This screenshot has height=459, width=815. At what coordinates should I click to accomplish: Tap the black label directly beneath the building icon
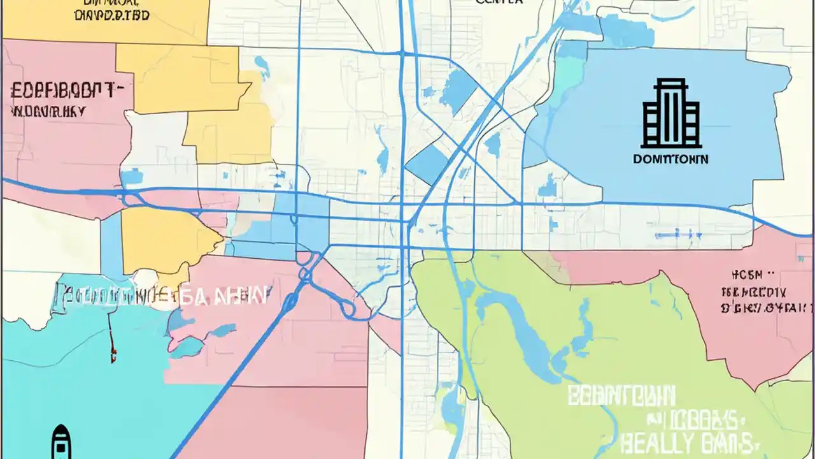(670, 159)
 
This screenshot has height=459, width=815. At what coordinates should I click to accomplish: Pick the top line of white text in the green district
(621, 397)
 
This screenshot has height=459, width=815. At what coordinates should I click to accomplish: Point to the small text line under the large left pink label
(48, 112)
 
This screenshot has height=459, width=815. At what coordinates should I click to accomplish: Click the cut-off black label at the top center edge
(499, 2)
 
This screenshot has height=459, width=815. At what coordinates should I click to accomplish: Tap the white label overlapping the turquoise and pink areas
(163, 295)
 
